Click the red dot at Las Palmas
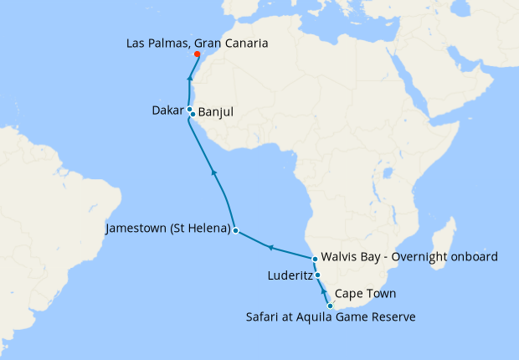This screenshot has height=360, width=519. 198,54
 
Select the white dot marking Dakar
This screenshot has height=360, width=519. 190,110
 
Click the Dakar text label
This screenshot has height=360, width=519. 168,110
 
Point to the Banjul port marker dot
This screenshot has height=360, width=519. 193,114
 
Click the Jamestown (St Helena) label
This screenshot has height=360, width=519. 168,228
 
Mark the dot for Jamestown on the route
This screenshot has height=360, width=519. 236,229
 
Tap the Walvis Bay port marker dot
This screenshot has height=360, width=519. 315,259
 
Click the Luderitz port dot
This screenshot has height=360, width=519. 317,275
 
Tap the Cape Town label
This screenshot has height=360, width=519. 365,295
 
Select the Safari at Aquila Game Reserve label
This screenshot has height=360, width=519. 331,316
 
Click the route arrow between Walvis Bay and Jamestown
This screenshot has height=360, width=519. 270,248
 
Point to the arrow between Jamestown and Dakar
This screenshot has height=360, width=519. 214,172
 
